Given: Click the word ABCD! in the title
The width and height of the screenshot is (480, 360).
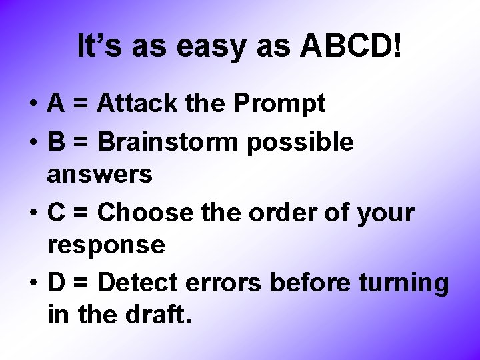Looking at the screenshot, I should [x=351, y=47].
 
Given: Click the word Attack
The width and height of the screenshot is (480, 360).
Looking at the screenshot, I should [x=136, y=103].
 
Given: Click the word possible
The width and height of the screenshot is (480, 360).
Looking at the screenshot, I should [x=300, y=142].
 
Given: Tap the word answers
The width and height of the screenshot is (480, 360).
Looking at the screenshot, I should [x=100, y=175].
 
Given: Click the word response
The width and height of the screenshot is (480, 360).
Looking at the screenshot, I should [x=106, y=245].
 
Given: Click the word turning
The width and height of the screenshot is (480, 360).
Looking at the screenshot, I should [x=404, y=284].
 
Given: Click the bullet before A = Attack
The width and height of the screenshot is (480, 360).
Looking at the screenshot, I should [x=33, y=105].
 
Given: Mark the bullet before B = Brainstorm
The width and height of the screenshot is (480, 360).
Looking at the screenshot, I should [x=33, y=142].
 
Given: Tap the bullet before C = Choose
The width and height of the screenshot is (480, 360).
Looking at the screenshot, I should [x=33, y=213].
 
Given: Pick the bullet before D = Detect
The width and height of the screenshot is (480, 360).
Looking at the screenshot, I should [x=33, y=284].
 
